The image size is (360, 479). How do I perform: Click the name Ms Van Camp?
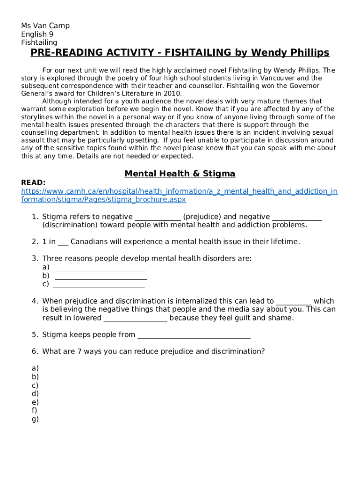tap(45, 26)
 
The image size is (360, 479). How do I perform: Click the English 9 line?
tap(37, 34)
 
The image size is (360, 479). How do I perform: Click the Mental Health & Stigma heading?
tap(180, 174)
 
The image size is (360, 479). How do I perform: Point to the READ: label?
tap(33, 182)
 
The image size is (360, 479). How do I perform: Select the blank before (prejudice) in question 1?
tap(158, 218)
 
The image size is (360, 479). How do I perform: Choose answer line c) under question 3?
tap(99, 285)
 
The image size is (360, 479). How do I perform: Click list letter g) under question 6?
tap(35, 419)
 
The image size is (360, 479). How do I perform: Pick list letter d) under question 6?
tap(35, 394)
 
